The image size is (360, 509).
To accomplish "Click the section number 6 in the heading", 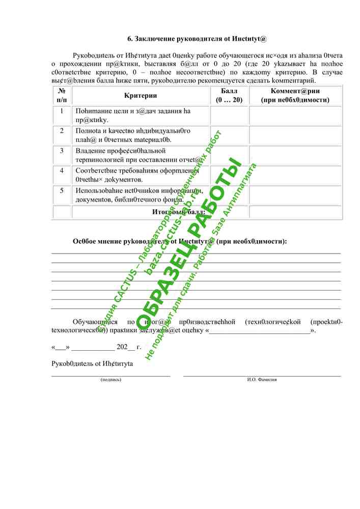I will click(x=129, y=39).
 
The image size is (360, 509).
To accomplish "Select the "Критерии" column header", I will click(x=141, y=95).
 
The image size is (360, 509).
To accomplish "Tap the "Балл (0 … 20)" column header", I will click(x=229, y=95).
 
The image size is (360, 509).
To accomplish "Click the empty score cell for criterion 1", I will click(x=229, y=116).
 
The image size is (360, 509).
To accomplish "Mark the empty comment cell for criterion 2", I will click(x=295, y=135).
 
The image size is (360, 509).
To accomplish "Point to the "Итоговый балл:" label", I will click(x=179, y=212).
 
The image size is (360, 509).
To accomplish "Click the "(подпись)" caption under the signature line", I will click(x=111, y=380).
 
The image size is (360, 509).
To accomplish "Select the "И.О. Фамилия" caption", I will click(x=262, y=380).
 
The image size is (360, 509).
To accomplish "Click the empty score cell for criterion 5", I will click(x=229, y=195).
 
